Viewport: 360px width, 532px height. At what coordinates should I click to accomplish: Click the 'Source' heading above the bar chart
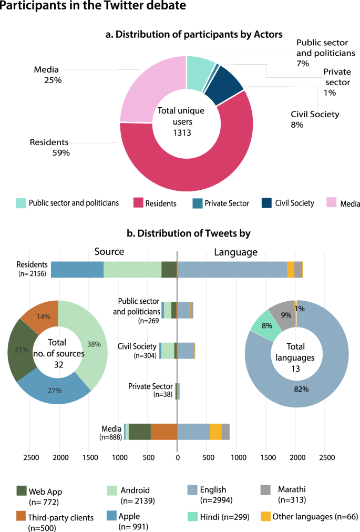tap(109, 252)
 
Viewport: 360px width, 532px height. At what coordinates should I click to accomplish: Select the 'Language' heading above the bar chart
tap(236, 252)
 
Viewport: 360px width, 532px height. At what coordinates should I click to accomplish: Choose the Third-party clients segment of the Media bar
tap(164, 431)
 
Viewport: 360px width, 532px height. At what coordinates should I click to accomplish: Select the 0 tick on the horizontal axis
tap(177, 457)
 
